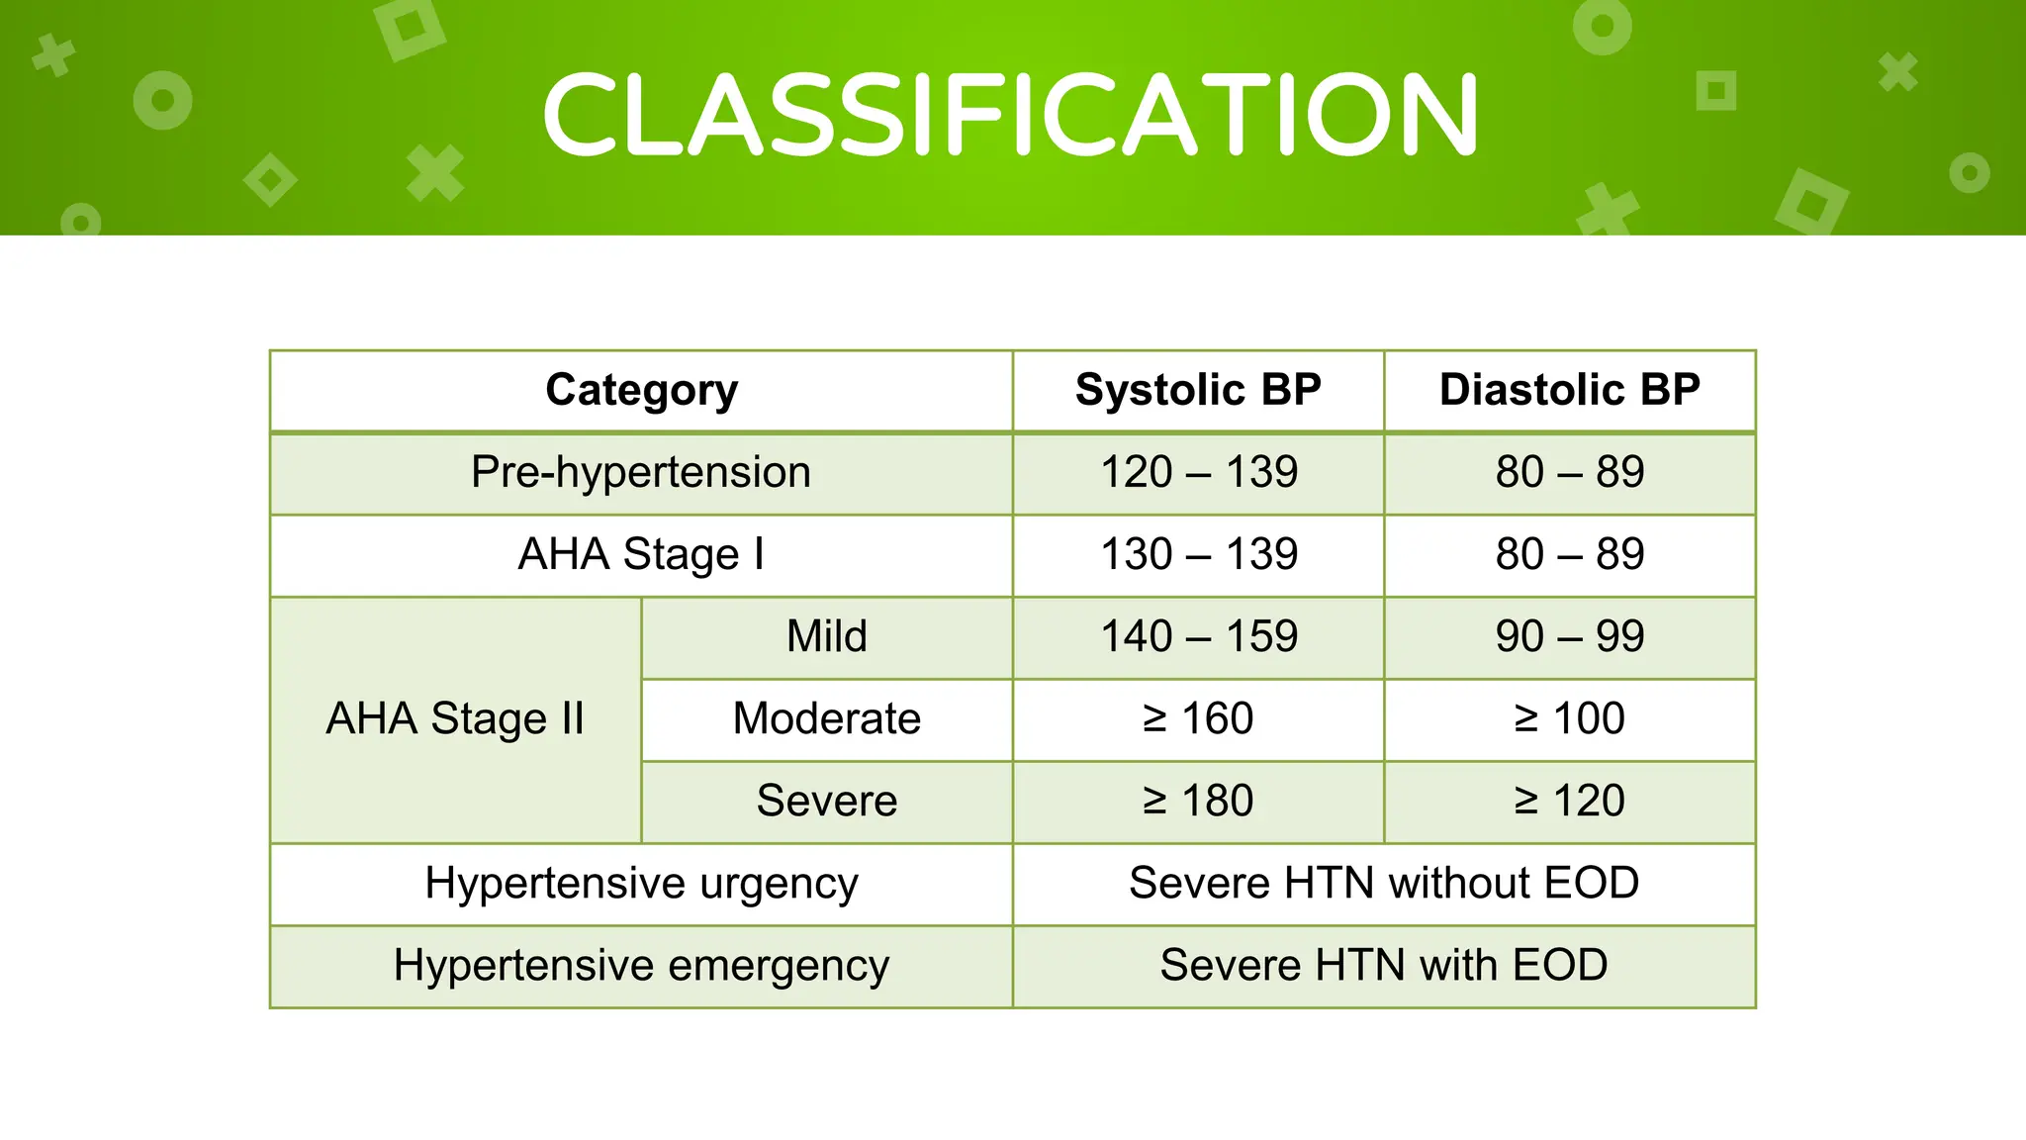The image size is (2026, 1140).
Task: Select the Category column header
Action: (641, 390)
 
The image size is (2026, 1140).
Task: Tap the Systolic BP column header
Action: (1198, 390)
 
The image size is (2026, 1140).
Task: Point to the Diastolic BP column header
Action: (1569, 390)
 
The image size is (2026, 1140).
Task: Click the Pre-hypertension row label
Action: (641, 472)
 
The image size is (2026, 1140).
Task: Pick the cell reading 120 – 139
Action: (1198, 472)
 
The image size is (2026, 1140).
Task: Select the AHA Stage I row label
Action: (641, 554)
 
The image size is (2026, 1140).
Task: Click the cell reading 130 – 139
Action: (1198, 554)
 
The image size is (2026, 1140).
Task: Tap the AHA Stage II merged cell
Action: (455, 718)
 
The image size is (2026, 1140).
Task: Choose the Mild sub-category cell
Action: (826, 636)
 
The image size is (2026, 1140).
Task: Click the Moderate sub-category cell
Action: (826, 718)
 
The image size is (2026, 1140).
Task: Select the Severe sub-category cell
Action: (826, 801)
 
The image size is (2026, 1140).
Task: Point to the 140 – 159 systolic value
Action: (1198, 636)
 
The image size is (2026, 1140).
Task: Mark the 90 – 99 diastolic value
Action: (1569, 636)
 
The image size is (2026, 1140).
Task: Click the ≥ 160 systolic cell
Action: (1198, 718)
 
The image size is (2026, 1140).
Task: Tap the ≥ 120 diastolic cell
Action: (1569, 801)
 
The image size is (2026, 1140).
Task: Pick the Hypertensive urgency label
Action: (641, 883)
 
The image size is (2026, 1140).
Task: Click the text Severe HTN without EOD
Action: (1383, 883)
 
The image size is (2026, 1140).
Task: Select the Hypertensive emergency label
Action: (641, 965)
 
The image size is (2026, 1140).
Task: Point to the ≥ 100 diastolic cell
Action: (1569, 718)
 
